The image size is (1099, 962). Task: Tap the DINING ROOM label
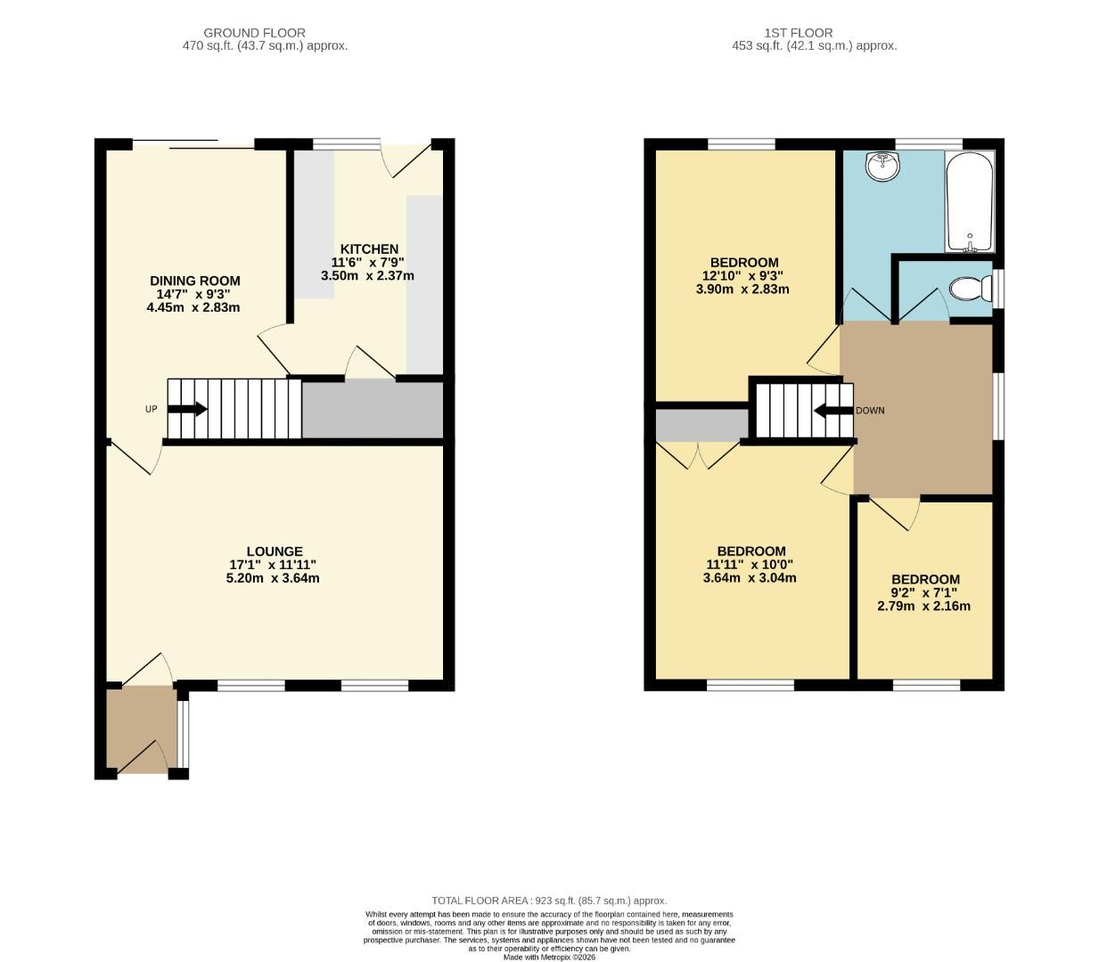click(x=194, y=281)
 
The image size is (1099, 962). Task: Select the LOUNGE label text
click(x=275, y=551)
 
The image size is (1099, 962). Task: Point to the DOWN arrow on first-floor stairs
click(x=832, y=411)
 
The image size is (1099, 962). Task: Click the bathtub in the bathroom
click(x=970, y=203)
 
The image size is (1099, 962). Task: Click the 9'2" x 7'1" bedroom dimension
click(x=924, y=592)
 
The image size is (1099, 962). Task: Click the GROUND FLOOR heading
click(x=254, y=33)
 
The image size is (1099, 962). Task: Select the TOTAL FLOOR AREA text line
click(x=549, y=901)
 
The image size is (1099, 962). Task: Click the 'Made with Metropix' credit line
click(x=549, y=957)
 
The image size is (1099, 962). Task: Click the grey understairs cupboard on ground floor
click(x=373, y=410)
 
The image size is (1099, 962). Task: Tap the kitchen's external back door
click(x=406, y=158)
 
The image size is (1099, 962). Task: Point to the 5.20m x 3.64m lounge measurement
click(x=273, y=577)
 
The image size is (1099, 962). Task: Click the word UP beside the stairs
click(x=151, y=409)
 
